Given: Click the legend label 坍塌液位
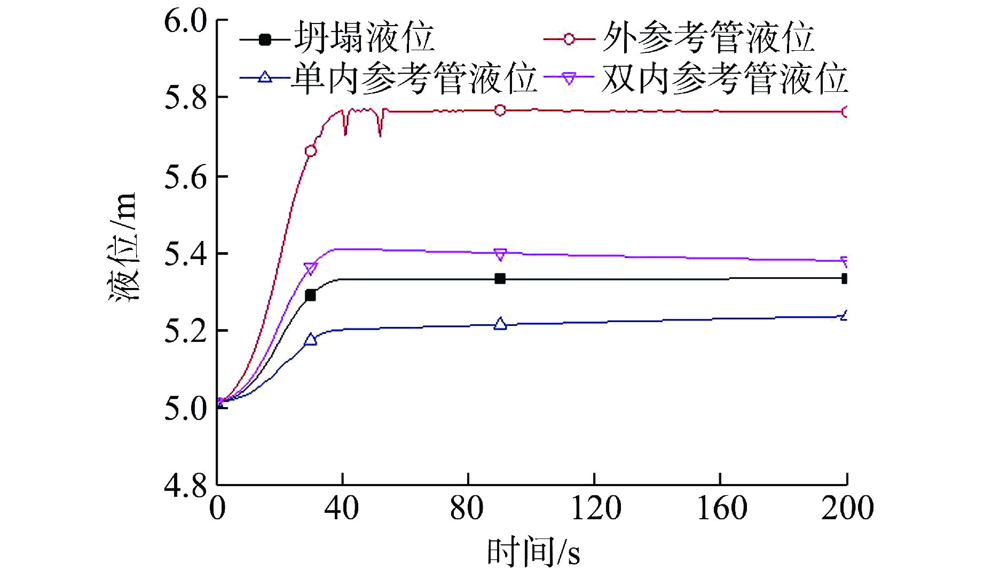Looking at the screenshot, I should click(x=364, y=37).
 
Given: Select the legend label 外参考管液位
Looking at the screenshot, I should click(x=708, y=37).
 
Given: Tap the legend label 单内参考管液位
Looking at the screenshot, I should click(x=414, y=78).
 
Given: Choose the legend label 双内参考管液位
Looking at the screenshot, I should click(x=725, y=78).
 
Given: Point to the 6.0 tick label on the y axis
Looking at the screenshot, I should click(x=185, y=21).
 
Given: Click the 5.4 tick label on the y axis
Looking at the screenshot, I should click(x=185, y=254).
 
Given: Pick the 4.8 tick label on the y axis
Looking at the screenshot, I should click(x=185, y=486).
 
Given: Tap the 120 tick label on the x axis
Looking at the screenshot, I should click(x=596, y=508).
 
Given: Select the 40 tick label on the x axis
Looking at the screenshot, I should click(x=342, y=508).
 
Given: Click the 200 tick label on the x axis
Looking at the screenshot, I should click(x=847, y=508).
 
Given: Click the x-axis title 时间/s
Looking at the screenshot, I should click(x=533, y=552).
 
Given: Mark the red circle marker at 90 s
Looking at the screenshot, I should click(x=500, y=110).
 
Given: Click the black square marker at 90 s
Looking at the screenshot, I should click(x=500, y=279).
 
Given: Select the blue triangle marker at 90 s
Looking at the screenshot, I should click(x=500, y=324).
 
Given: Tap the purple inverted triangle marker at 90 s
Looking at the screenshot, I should click(x=500, y=254).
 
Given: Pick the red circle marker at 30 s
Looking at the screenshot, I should click(x=310, y=151).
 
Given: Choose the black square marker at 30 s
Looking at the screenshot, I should click(x=310, y=295).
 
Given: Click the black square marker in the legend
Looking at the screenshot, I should click(x=265, y=39).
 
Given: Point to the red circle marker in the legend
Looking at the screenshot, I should click(x=569, y=39).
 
